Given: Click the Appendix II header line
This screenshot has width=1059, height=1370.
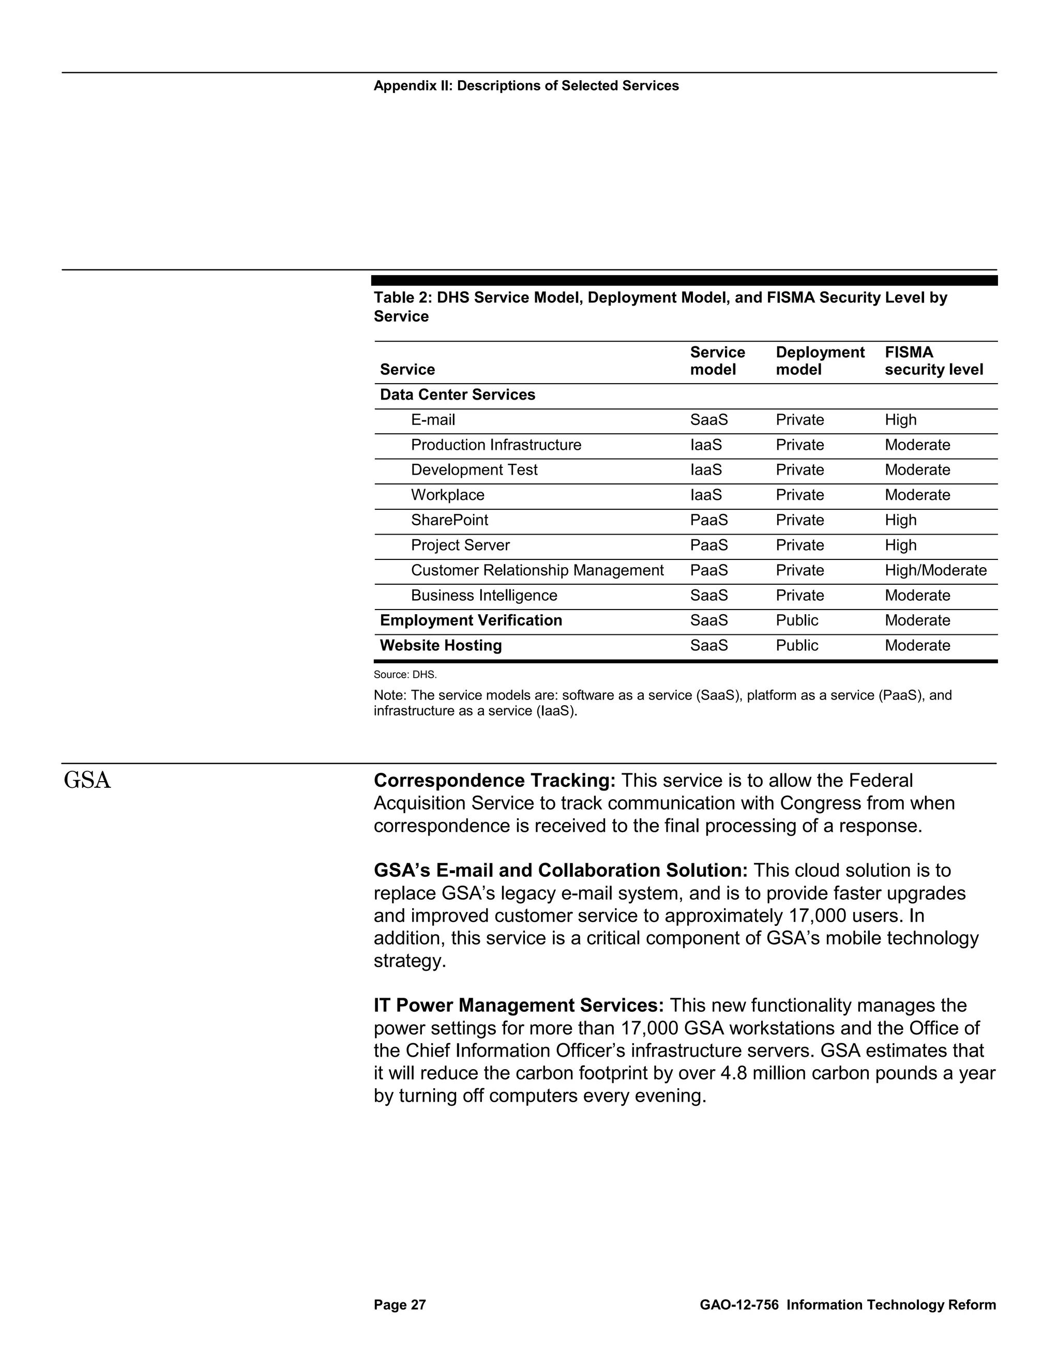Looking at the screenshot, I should (x=526, y=86).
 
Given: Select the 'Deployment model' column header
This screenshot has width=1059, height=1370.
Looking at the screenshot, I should (x=820, y=361).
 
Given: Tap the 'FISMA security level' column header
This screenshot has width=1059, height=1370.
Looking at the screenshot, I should (x=933, y=361).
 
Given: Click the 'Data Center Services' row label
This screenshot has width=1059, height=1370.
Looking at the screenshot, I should (x=457, y=394).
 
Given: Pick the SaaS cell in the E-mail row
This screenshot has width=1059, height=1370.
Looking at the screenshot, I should (x=709, y=420).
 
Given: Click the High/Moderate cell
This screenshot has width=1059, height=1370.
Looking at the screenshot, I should (x=935, y=570).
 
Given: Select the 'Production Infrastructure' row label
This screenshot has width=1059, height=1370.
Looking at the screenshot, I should (x=495, y=445).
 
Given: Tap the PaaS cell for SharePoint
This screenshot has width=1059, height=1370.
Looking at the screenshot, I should (x=709, y=520).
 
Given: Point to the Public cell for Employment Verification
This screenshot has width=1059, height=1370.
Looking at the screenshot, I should (x=797, y=620).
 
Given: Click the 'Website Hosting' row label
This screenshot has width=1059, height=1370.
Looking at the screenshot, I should (x=441, y=646).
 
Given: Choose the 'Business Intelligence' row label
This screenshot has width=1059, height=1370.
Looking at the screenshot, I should (x=483, y=595).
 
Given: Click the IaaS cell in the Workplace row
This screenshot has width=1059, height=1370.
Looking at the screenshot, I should (x=706, y=495).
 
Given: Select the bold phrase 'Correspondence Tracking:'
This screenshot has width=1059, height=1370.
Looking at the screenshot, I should (x=494, y=780).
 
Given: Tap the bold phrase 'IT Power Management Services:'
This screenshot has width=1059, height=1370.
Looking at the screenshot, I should (x=518, y=1006).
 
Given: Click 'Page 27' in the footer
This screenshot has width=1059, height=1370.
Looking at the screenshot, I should (x=400, y=1305).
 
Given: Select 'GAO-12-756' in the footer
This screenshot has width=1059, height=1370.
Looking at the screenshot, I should (x=738, y=1305).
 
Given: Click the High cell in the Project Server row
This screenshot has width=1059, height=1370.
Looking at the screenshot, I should (x=900, y=545).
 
